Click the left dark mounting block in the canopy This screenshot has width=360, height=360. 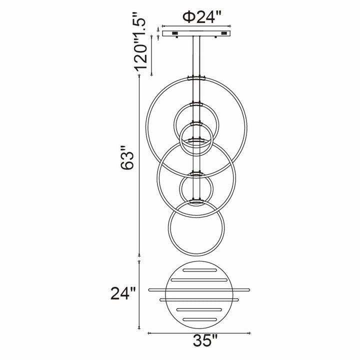pos(175,33)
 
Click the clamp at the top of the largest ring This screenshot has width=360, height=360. pos(197,78)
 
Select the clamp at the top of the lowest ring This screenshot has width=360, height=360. pos(196,202)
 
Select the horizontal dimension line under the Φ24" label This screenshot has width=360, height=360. pos(198,26)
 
